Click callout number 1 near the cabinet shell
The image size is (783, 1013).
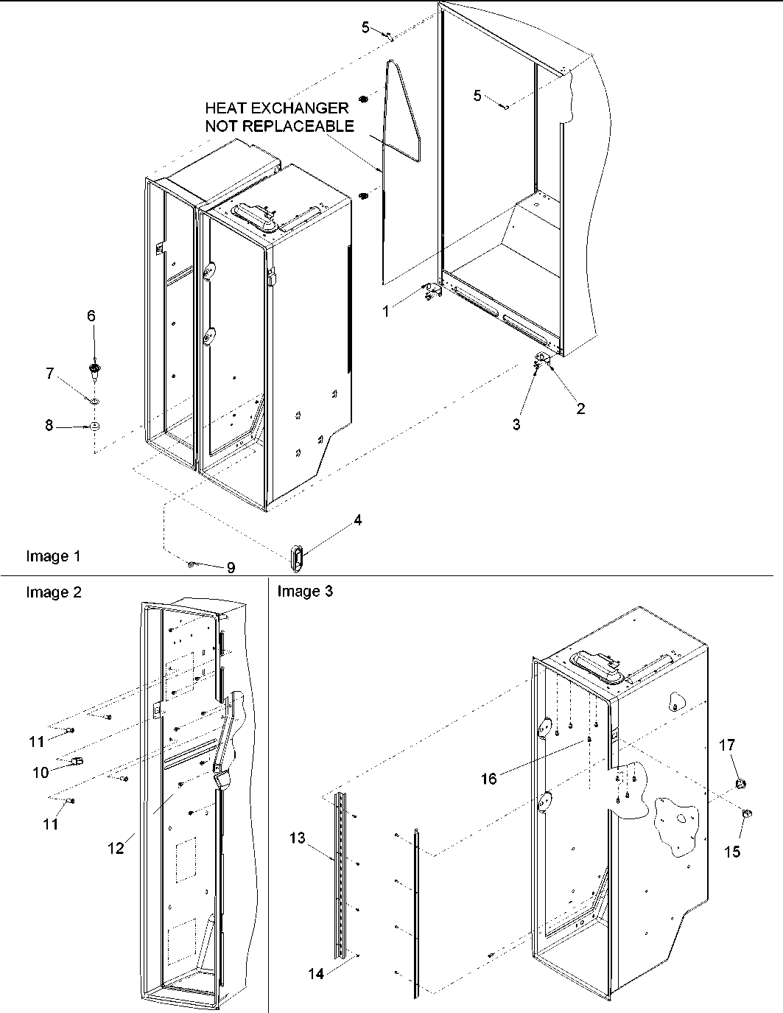(x=385, y=312)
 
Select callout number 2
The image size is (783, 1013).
(x=580, y=409)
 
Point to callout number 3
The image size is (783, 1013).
(x=516, y=425)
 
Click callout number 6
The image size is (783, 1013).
(x=91, y=316)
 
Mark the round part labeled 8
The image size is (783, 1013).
(x=95, y=427)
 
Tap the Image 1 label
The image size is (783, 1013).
(x=53, y=556)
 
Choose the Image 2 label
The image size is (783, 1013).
(x=54, y=592)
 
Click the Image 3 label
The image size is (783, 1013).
(x=305, y=591)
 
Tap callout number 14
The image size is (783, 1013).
(x=315, y=972)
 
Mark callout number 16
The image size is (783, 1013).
(x=489, y=779)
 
